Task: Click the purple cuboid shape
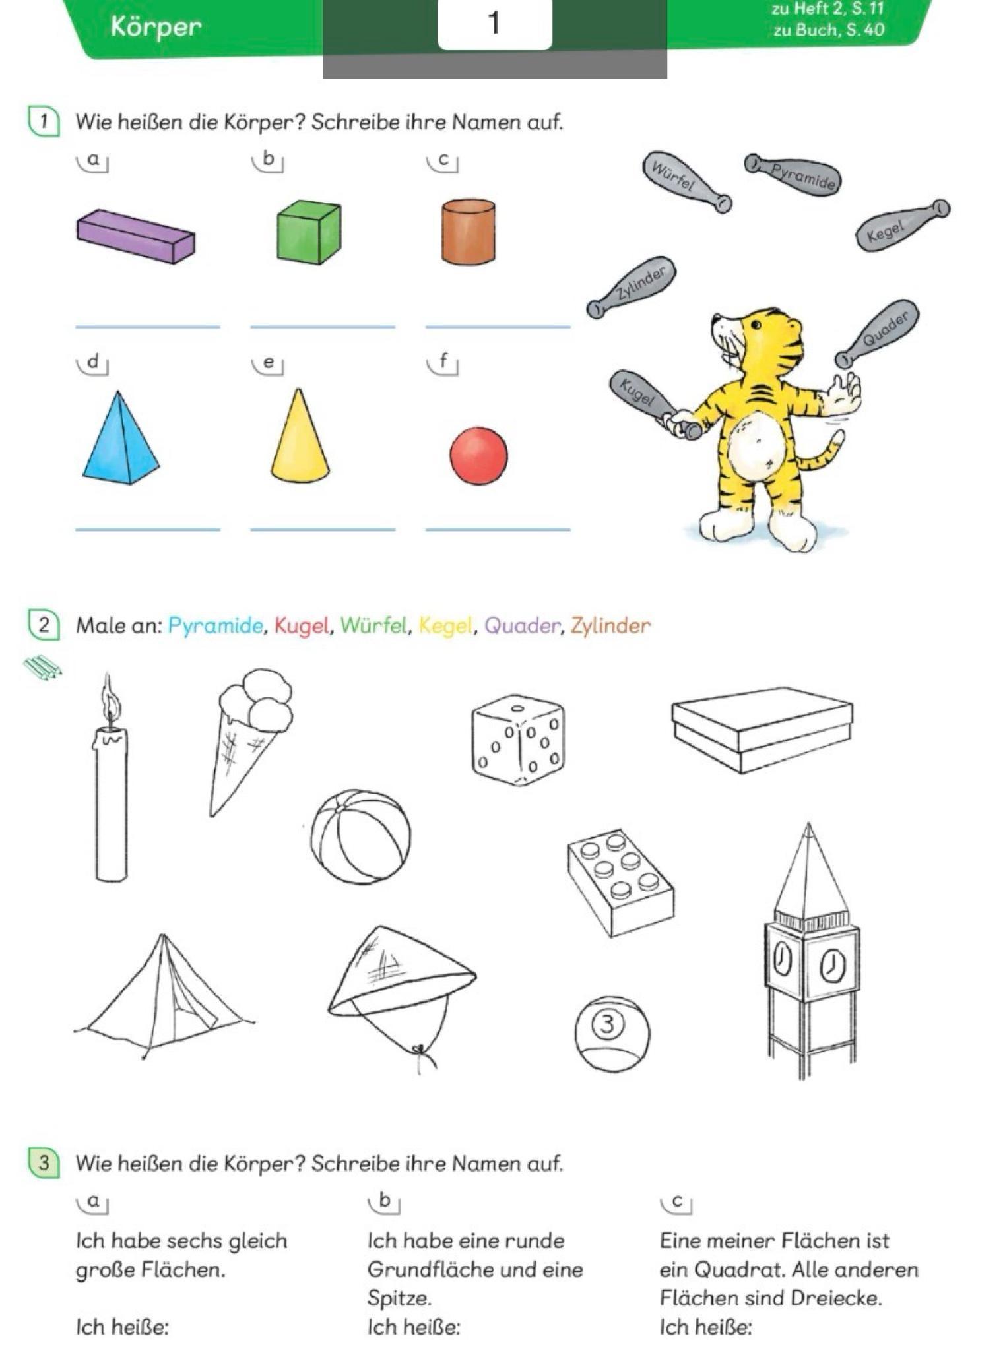coord(135,236)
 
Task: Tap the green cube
coord(309,232)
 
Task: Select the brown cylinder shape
coord(469,232)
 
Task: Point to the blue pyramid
coord(121,438)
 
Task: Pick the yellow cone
coord(300,435)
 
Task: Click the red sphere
coord(478,456)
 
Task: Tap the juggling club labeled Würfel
coord(687,183)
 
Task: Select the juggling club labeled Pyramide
coord(792,173)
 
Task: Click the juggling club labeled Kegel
coord(902,225)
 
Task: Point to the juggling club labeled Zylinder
coord(632,287)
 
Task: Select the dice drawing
coord(519,739)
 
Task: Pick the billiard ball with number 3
coord(612,1034)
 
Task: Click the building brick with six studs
coord(620,883)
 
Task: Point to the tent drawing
coord(163,996)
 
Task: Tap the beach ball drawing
coord(360,836)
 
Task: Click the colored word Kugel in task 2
coord(301,625)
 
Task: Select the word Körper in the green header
coord(156,26)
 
